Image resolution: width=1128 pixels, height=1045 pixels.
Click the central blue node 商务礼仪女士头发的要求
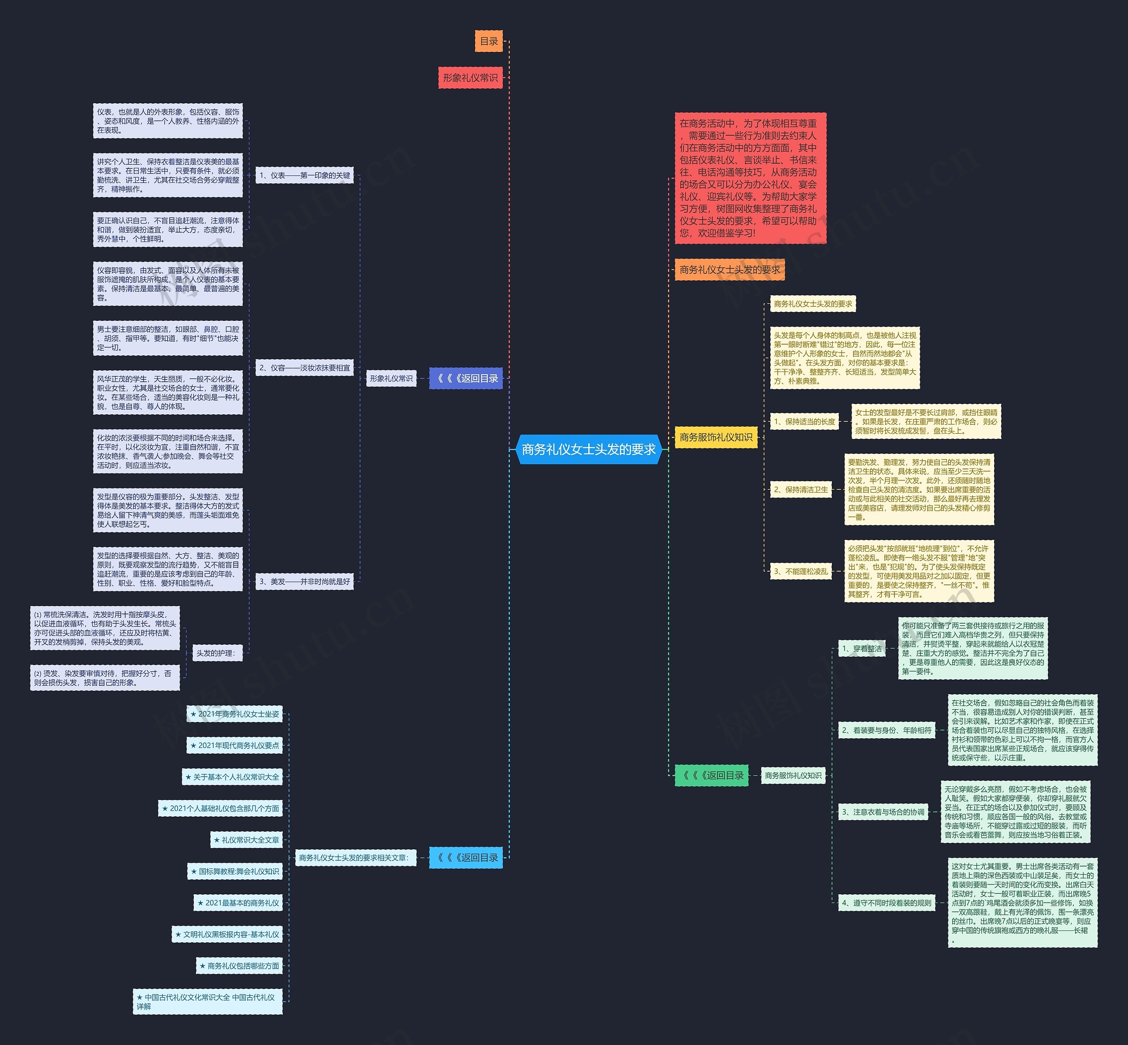click(588, 450)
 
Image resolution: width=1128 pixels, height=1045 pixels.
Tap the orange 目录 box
click(489, 41)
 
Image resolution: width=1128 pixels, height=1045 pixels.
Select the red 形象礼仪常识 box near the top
click(470, 78)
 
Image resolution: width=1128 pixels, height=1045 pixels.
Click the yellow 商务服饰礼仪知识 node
click(716, 437)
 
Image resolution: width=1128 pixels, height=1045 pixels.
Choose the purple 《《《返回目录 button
click(466, 378)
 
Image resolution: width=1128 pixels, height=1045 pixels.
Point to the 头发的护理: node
click(215, 653)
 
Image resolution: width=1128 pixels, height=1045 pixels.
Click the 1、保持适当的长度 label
click(805, 421)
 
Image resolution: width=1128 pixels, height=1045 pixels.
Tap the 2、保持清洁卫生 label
click(801, 490)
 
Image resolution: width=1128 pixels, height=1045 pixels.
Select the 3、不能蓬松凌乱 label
click(801, 572)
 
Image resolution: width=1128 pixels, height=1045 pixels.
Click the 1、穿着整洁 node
click(862, 649)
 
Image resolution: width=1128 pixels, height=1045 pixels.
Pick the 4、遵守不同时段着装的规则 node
click(887, 903)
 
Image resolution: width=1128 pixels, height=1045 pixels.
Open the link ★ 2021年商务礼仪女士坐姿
click(235, 714)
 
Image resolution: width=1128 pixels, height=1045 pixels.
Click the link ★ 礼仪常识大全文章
click(246, 840)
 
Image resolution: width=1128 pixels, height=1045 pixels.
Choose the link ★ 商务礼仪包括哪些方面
click(239, 966)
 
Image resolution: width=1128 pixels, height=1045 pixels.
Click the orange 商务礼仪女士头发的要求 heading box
click(729, 270)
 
